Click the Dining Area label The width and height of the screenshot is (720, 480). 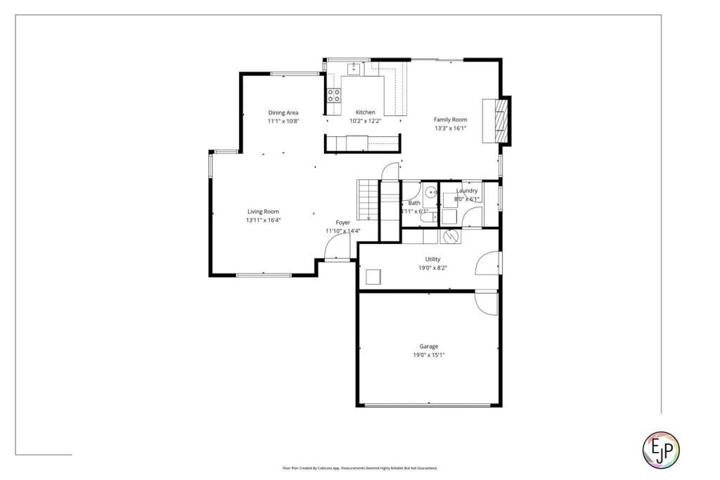pos(283,112)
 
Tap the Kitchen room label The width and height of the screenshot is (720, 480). pos(365,112)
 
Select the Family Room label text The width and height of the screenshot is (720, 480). pos(450,119)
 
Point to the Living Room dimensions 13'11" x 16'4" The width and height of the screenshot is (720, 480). pos(263,220)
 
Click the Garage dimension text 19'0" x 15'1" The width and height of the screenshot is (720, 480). pos(429,355)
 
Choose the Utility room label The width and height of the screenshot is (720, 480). pos(432,259)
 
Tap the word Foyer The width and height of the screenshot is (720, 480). pos(342,223)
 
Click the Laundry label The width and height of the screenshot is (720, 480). pos(467,190)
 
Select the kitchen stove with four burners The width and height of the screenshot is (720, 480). pos(334,96)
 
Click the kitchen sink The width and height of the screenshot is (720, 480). pos(353,69)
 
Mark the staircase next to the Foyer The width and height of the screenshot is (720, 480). pos(368,200)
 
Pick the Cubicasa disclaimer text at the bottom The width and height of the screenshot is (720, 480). pos(359,468)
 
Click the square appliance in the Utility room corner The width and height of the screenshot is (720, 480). pos(371,277)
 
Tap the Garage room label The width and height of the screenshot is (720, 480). pos(429,346)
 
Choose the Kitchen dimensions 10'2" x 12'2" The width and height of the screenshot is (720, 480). pos(365,121)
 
